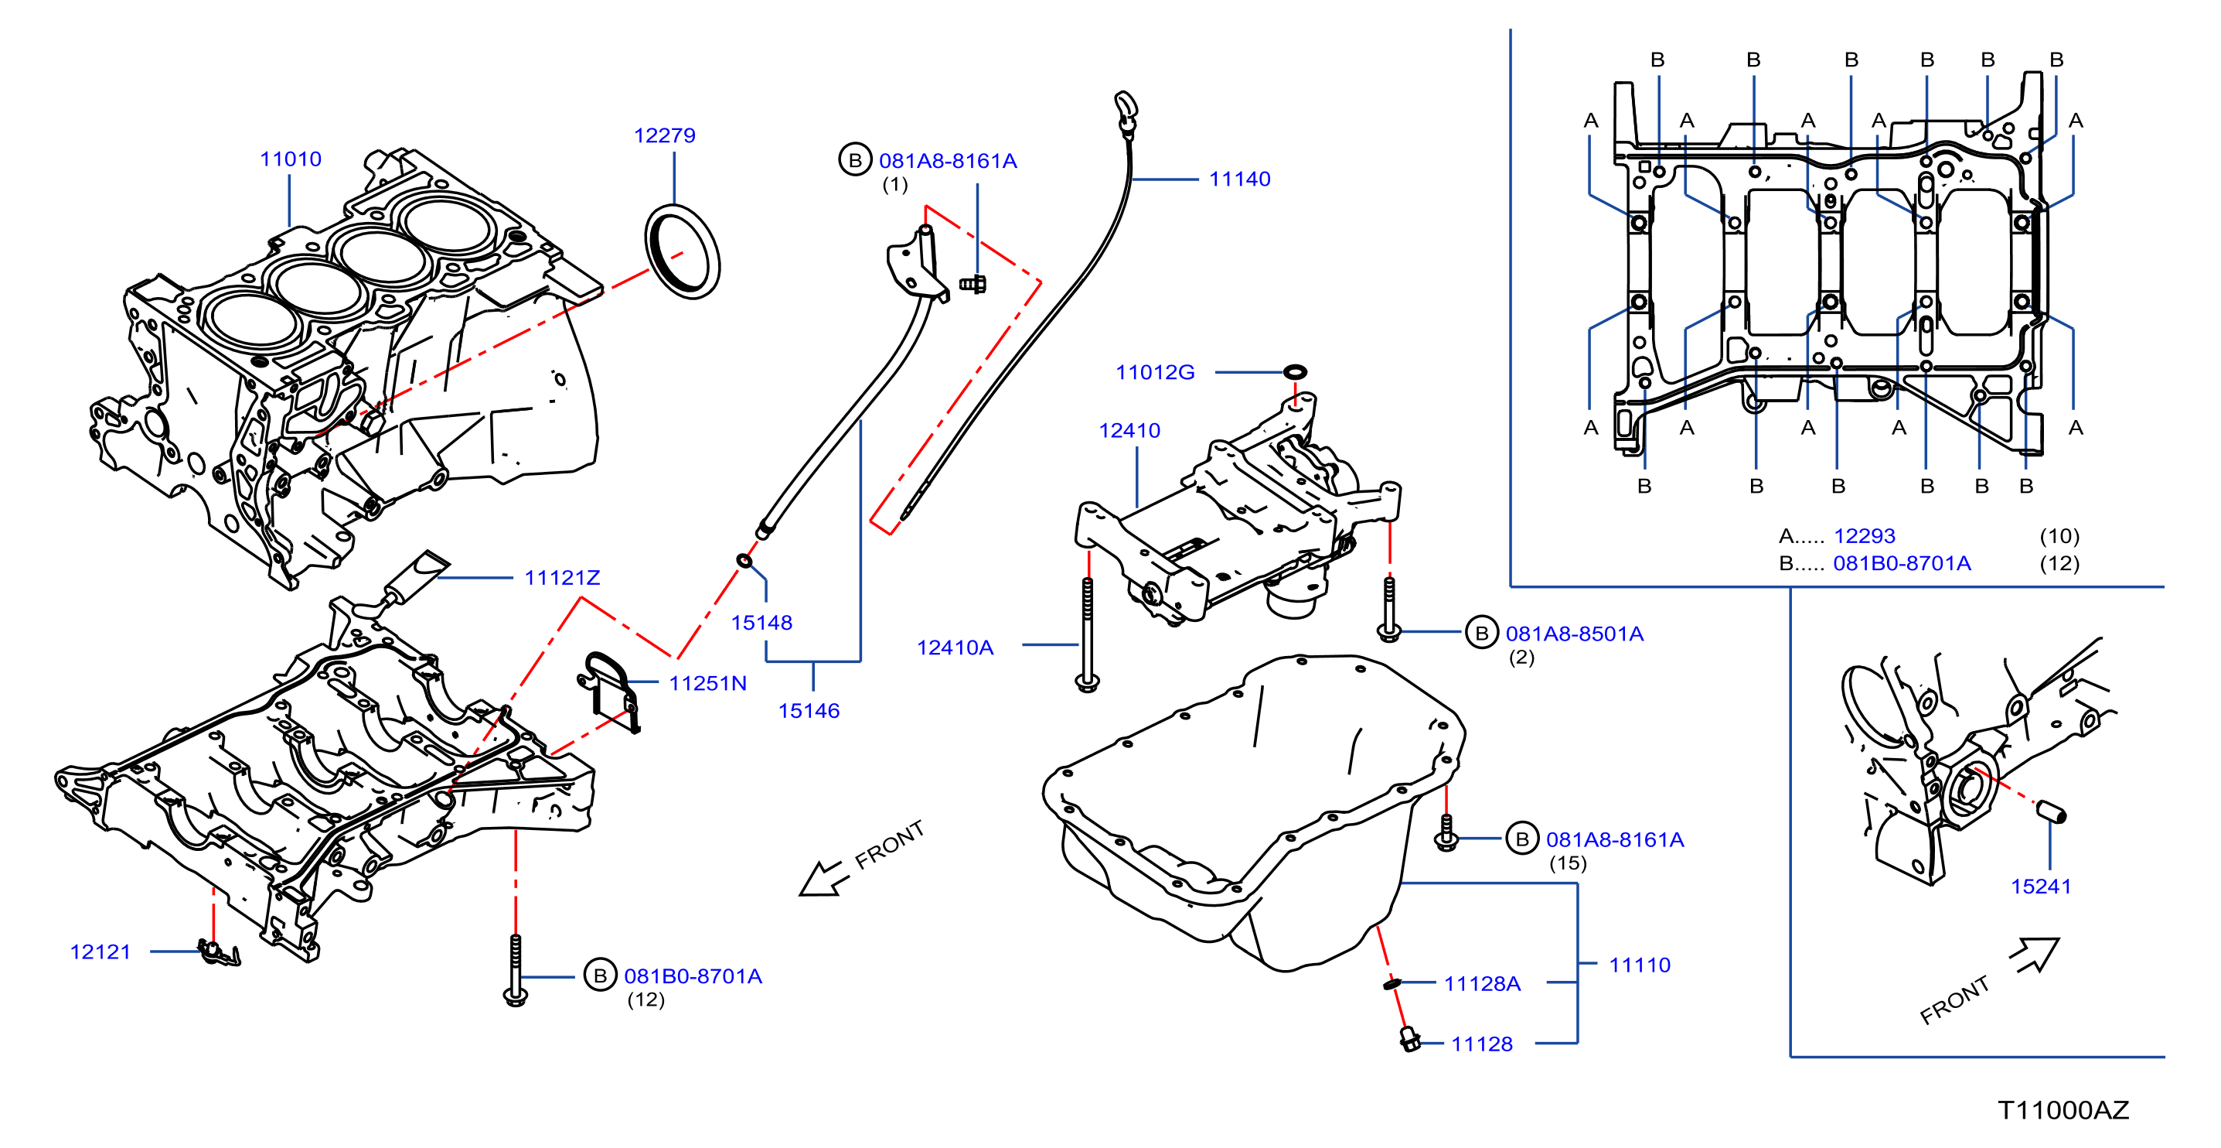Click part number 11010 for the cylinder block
(291, 159)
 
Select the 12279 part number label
(664, 135)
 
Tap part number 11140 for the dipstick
(1239, 179)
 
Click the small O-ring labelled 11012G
(1295, 372)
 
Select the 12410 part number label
(1129, 430)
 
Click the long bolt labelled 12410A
(1087, 634)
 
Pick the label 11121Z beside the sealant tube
(562, 578)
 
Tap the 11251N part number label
(708, 683)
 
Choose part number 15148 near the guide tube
(761, 623)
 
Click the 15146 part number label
(809, 711)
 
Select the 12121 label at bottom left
(100, 952)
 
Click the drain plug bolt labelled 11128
(1410, 1040)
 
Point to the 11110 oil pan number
(1639, 965)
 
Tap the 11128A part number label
(1482, 984)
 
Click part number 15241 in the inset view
(2040, 886)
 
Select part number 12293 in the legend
(1864, 536)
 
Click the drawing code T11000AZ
(2063, 1110)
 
